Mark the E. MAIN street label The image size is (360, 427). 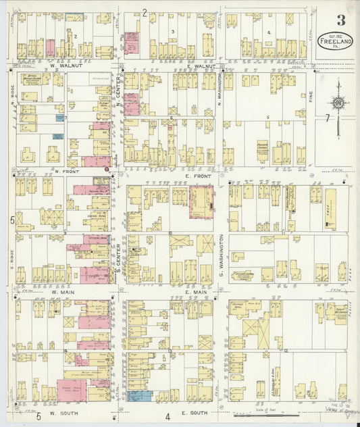(x=195, y=293)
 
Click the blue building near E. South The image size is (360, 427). (x=140, y=397)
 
